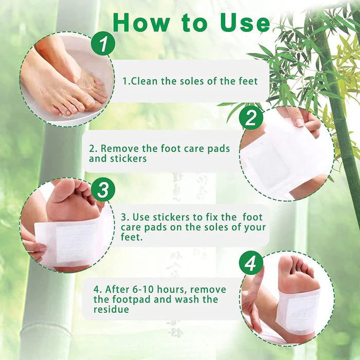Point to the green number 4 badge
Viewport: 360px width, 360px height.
tap(251, 263)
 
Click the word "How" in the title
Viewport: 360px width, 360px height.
tap(140, 23)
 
